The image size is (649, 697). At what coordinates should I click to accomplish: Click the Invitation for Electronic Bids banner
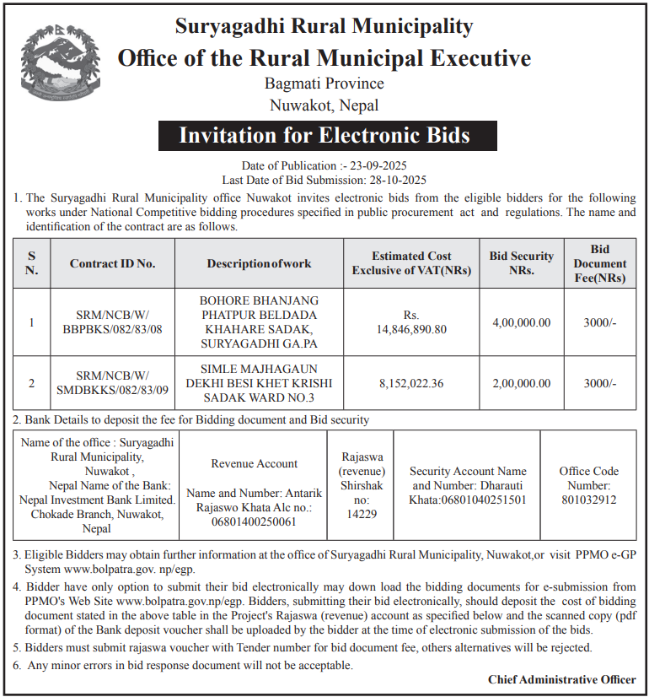click(324, 135)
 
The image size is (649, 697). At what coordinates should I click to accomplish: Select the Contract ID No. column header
click(113, 263)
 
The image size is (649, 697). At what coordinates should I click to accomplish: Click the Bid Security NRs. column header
click(522, 263)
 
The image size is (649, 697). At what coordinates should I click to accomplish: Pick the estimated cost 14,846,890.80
click(413, 329)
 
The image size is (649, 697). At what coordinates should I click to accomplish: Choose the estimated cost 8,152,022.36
click(413, 382)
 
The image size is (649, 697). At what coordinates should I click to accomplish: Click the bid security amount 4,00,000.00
click(522, 322)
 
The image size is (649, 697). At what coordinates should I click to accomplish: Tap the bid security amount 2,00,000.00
click(522, 382)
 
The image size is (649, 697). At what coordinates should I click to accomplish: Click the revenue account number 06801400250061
click(254, 522)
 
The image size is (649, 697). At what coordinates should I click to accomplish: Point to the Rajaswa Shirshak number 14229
click(362, 514)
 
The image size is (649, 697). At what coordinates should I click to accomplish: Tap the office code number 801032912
click(588, 500)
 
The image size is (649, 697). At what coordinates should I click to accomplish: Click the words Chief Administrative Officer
click(562, 679)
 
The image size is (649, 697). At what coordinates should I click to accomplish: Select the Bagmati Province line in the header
click(324, 84)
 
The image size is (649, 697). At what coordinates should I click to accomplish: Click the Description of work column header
click(259, 263)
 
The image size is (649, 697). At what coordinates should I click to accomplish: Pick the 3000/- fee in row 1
click(599, 322)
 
